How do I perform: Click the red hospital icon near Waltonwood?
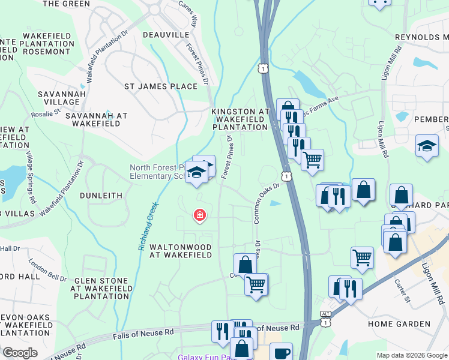(199, 215)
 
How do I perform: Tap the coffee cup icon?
(280, 353)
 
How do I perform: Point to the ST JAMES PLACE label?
(160, 86)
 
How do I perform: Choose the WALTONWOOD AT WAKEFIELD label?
(180, 251)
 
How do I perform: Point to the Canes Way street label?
(188, 13)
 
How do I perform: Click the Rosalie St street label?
(46, 112)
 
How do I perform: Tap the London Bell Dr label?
(47, 270)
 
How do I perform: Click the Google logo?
(20, 353)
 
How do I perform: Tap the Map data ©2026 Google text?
(411, 355)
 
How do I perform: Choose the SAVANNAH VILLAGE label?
(58, 98)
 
